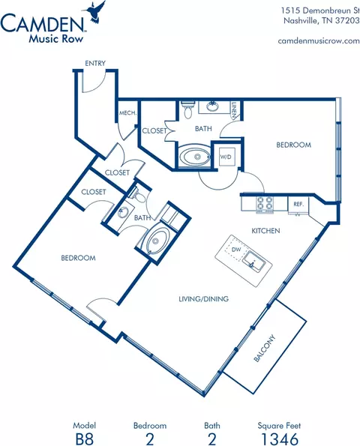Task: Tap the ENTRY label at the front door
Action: (95, 63)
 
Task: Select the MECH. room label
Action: (128, 113)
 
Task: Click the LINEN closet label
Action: (234, 110)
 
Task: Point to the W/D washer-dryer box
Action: (227, 157)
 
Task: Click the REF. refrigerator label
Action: (298, 204)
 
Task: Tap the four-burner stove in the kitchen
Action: (265, 204)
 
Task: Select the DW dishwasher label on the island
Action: (236, 250)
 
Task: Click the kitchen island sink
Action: (254, 262)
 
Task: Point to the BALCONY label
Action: (265, 348)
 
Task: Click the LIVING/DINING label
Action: (203, 299)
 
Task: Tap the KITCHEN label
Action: (265, 230)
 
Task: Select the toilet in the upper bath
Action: (188, 109)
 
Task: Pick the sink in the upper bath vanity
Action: (211, 107)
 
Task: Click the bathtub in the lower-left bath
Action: (156, 241)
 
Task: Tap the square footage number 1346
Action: (279, 439)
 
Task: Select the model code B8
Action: (85, 439)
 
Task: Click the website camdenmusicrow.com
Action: (319, 40)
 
